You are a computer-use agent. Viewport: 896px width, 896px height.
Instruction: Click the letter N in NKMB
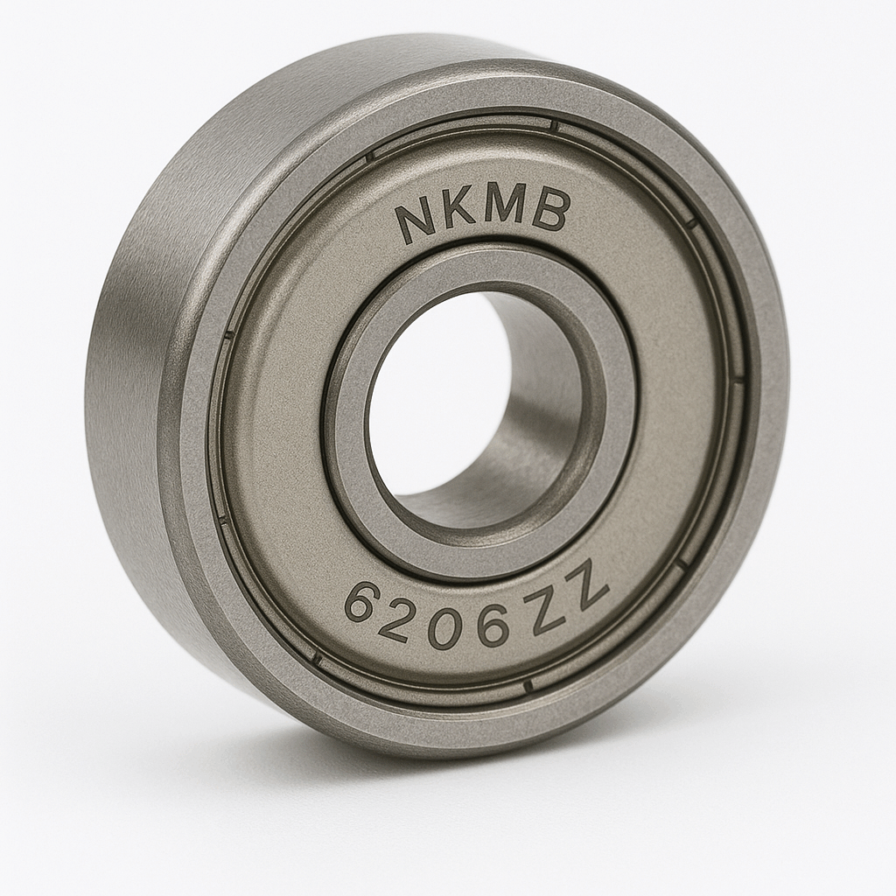pyautogui.click(x=417, y=221)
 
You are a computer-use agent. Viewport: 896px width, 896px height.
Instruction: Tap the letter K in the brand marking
pyautogui.click(x=461, y=213)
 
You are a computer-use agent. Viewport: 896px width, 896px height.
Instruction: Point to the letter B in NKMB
pyautogui.click(x=550, y=211)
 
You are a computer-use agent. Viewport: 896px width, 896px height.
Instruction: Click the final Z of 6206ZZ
pyautogui.click(x=587, y=587)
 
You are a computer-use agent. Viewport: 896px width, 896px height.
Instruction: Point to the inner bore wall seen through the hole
pyautogui.click(x=534, y=411)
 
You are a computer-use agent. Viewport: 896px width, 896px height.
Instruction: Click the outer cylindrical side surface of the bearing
pyautogui.click(x=131, y=394)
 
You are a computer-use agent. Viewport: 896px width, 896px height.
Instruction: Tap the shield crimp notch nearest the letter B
pyautogui.click(x=555, y=126)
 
